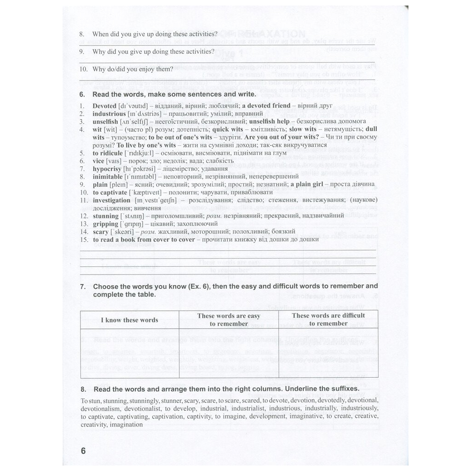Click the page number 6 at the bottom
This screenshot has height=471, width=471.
83,451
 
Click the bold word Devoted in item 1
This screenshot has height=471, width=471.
104,106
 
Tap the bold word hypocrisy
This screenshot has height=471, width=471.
107,169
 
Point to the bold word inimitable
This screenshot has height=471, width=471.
108,177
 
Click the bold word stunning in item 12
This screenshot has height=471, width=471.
105,216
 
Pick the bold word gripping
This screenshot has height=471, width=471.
105,224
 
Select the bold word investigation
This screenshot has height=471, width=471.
111,201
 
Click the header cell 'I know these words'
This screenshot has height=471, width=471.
129,320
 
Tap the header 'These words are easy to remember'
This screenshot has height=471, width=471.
229,320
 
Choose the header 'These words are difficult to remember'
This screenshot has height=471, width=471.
328,319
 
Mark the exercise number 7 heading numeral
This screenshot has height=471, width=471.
82,287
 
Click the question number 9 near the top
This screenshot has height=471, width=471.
81,52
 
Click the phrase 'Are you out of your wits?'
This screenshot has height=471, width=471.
282,137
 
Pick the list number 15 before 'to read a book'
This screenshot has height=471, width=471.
83,240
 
